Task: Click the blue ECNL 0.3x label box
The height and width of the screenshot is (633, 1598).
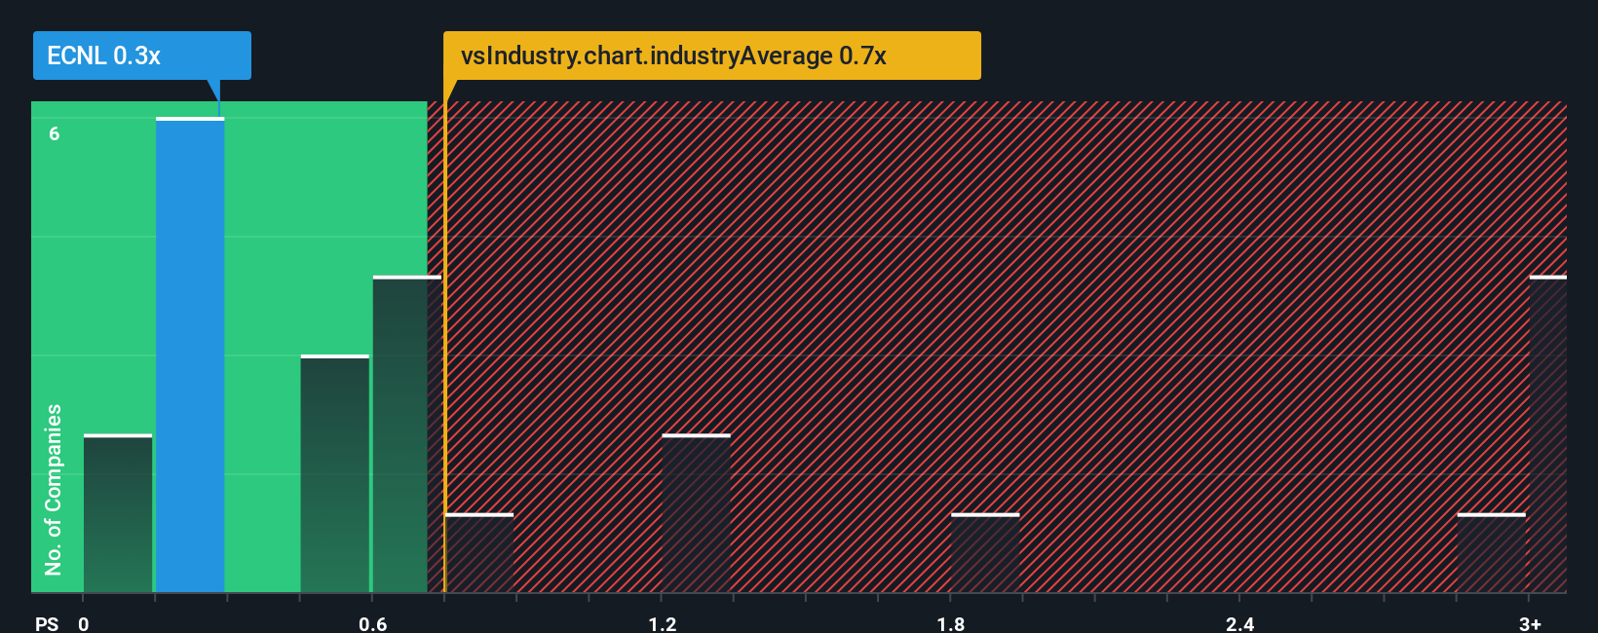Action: point(141,56)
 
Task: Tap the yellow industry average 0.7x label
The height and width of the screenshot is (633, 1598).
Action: point(711,56)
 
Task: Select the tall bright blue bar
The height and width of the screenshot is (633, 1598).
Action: point(190,355)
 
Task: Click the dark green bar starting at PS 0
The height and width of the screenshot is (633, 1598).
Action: point(118,513)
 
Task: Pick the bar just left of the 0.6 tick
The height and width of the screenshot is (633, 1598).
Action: point(334,474)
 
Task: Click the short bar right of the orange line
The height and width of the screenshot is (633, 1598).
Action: point(478,552)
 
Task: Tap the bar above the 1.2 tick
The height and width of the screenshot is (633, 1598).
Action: point(696,513)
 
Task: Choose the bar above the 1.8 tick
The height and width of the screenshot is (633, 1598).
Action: point(985,552)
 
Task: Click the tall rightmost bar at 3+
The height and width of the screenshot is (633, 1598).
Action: point(1547,434)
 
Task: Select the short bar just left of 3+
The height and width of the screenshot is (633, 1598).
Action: point(1491,552)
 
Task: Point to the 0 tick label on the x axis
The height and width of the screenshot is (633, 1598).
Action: point(84,623)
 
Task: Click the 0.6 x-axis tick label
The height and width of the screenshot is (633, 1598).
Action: point(372,623)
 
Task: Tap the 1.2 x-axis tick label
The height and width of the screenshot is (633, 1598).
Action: point(662,623)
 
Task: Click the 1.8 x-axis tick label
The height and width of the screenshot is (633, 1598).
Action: point(951,623)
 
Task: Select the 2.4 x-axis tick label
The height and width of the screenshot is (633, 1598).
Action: point(1239,623)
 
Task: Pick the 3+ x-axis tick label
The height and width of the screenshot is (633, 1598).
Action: point(1530,623)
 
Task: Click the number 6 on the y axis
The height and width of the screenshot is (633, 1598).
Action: point(55,133)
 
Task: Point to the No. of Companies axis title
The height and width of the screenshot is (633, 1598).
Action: point(54,489)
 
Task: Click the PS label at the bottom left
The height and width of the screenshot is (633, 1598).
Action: point(47,623)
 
